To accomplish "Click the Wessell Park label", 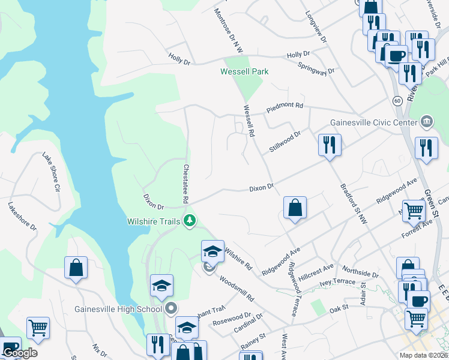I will pos(244,71).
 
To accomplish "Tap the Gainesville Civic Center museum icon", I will pos(427,122).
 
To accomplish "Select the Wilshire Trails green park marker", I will pos(190,221).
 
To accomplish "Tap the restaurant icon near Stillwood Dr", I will pos(330,145).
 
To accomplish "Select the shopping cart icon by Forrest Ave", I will pos(414,210).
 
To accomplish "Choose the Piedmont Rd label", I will pos(285,106).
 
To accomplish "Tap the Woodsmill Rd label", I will pos(237,289).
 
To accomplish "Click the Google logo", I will pos(19,353).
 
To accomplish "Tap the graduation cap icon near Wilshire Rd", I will pos(212,251).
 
